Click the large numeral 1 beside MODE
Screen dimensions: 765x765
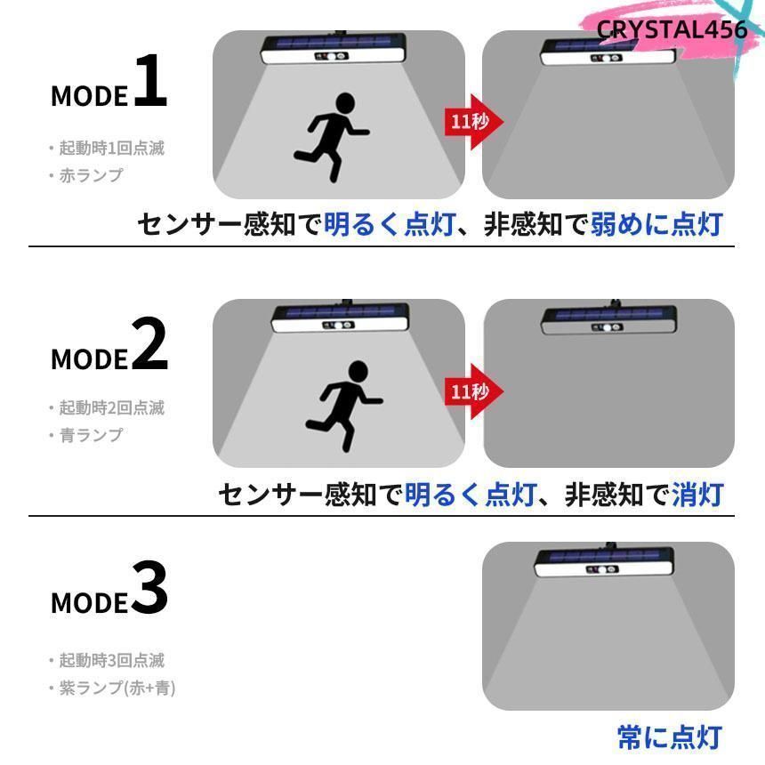click(x=150, y=82)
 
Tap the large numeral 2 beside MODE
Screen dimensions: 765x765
click(x=149, y=345)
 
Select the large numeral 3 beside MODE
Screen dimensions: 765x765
click(x=149, y=589)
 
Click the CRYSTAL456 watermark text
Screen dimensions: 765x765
click(x=672, y=29)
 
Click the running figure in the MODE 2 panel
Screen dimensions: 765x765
click(x=343, y=405)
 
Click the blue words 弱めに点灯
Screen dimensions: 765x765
click(x=656, y=224)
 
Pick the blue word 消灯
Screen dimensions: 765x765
click(x=697, y=494)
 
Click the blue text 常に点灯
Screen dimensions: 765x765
click(x=669, y=737)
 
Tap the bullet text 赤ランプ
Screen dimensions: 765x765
click(x=90, y=175)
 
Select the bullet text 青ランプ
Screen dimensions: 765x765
click(x=90, y=435)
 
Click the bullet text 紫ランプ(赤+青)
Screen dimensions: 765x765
click(x=117, y=688)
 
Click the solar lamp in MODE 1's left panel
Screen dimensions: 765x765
click(x=334, y=50)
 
